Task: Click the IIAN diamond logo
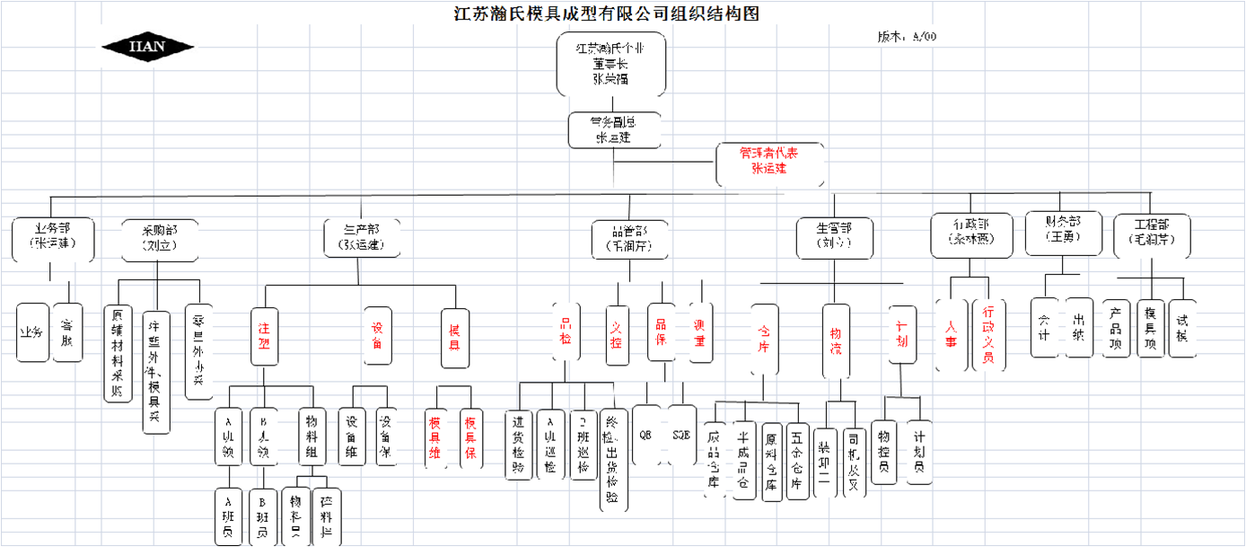147,47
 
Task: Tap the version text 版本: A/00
907,37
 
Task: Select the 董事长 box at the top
610,64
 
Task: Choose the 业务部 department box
54,237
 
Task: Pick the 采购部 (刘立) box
160,238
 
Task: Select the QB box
646,434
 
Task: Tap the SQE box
682,434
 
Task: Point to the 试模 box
1183,329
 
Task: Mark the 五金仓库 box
796,460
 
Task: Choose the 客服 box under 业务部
67,331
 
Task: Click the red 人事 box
952,335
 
